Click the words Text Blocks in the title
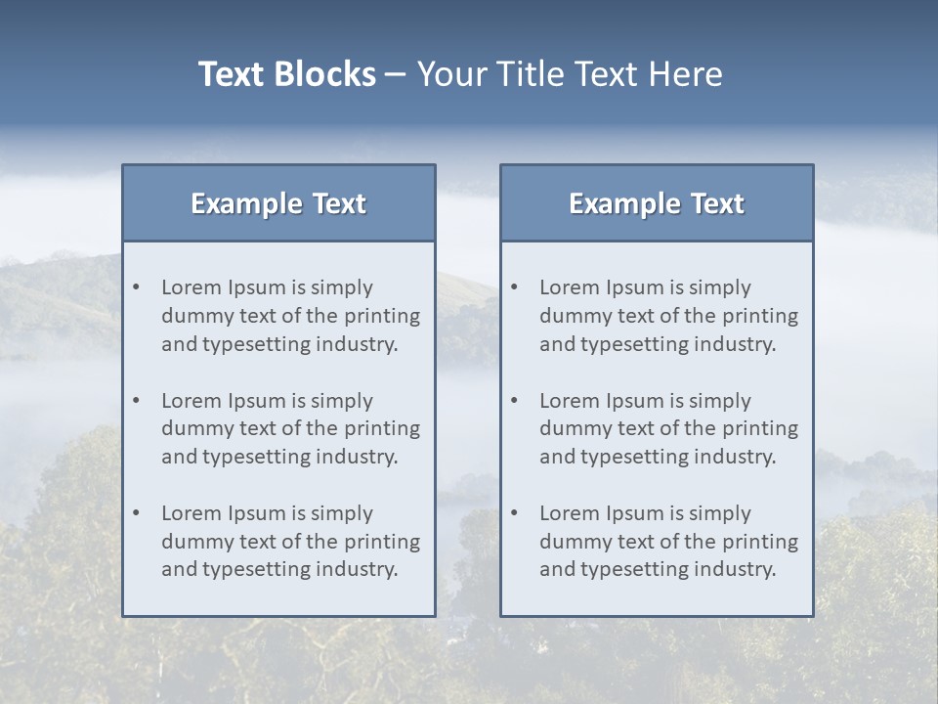286,74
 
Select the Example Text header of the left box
278,203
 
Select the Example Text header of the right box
657,203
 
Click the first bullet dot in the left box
137,287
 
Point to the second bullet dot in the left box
137,401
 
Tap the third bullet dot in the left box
137,513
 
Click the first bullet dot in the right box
515,287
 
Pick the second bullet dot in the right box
515,401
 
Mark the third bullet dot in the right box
515,513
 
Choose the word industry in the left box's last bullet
358,570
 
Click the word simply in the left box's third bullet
342,513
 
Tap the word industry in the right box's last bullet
736,570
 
